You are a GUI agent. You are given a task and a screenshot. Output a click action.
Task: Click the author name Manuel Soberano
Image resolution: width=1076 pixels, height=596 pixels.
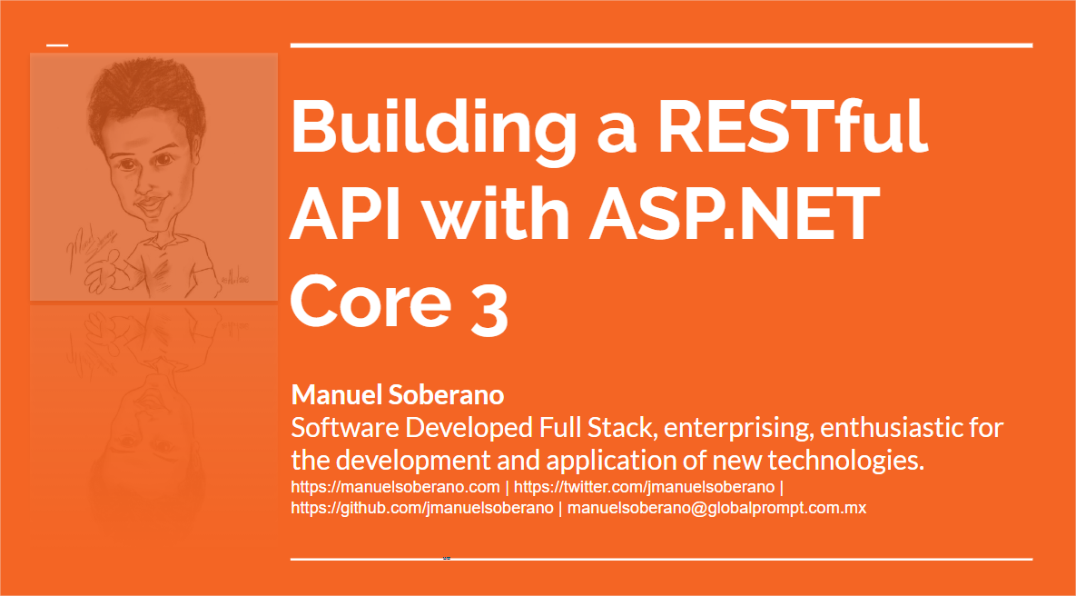[x=398, y=395]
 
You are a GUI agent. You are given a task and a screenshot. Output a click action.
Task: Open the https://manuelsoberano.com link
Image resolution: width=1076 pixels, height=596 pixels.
[x=395, y=488]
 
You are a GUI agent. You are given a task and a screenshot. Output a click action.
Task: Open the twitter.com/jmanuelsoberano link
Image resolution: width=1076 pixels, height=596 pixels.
[x=645, y=488]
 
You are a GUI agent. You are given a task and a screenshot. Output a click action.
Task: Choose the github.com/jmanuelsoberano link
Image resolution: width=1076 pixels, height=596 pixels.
[x=422, y=509]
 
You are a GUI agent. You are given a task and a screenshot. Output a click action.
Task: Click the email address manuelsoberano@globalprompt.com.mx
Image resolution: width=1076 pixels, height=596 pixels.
[x=716, y=509]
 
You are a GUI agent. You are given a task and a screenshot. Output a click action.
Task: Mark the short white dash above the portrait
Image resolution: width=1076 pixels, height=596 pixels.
[x=57, y=45]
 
